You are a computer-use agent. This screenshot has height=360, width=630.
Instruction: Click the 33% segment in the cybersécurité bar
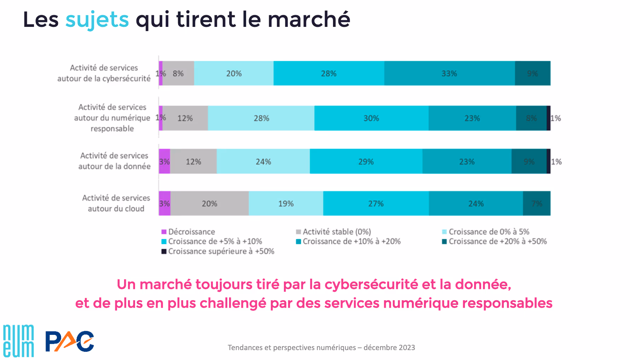click(x=449, y=73)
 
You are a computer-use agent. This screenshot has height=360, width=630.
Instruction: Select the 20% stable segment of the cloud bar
click(x=210, y=203)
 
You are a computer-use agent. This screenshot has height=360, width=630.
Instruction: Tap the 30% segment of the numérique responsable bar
click(x=371, y=118)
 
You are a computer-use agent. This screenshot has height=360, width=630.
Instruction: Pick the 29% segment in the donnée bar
click(x=366, y=161)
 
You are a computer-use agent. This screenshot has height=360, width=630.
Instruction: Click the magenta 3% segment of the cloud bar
click(x=164, y=203)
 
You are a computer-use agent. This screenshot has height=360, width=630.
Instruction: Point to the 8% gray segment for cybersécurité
click(x=178, y=73)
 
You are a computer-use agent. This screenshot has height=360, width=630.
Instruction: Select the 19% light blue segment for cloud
click(x=286, y=203)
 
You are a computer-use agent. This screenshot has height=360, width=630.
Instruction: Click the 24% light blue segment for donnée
click(x=263, y=161)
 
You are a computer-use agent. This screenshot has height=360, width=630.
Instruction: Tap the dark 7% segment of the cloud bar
click(x=537, y=203)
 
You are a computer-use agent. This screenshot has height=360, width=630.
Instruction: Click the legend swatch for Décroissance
click(x=164, y=232)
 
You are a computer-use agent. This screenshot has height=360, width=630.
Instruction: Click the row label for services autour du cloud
click(x=116, y=203)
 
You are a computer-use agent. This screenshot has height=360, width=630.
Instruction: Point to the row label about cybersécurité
click(x=104, y=73)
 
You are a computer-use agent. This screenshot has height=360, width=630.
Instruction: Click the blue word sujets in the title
click(x=97, y=19)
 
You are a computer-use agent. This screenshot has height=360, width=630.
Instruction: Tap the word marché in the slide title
click(x=309, y=19)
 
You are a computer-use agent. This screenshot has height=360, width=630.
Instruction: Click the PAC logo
click(x=70, y=341)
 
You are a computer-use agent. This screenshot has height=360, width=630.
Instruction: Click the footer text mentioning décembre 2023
click(x=321, y=348)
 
